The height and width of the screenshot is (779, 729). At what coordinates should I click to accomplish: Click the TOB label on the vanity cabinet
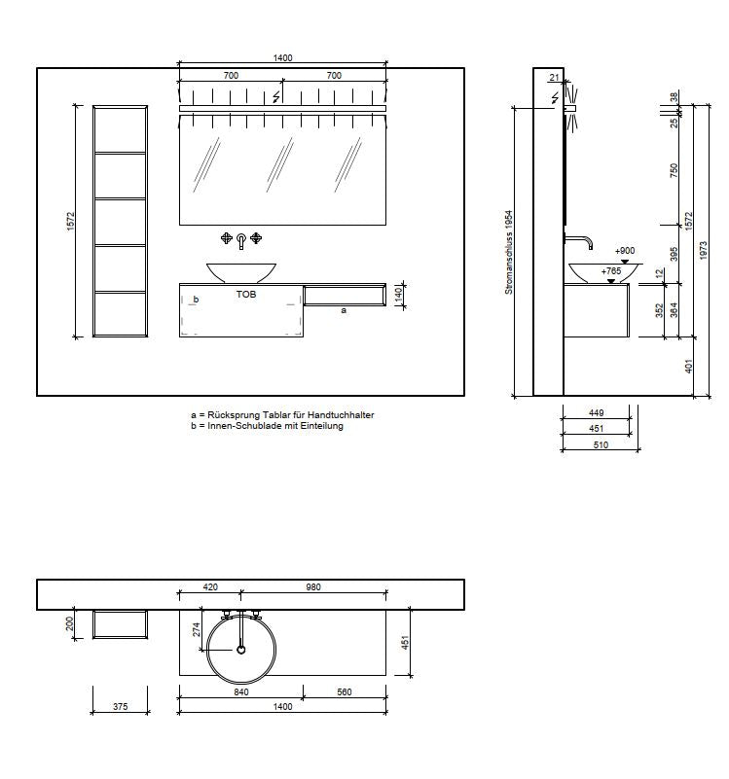[246, 294]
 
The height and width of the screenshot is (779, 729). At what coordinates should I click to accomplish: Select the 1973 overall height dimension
[703, 251]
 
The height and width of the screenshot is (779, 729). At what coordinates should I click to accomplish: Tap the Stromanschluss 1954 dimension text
[509, 253]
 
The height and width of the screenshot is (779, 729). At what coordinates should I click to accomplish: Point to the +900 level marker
[625, 250]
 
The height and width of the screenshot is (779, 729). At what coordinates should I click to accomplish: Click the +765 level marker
[611, 270]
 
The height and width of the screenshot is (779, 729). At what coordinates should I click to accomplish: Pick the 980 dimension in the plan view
[313, 586]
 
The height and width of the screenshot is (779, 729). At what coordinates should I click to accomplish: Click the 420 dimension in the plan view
[210, 586]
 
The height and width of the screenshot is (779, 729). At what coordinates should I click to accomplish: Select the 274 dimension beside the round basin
[197, 629]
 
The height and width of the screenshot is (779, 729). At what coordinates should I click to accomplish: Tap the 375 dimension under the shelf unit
[121, 706]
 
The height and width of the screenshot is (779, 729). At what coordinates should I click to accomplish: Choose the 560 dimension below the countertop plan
[345, 691]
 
